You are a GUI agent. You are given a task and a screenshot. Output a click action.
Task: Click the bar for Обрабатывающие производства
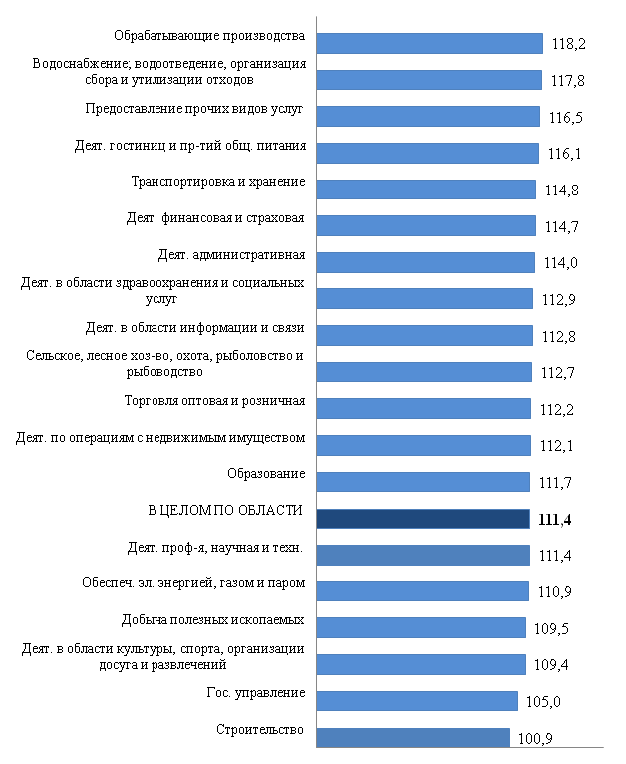coord(429,42)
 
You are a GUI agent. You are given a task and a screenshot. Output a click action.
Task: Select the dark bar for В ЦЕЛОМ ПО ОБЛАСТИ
coord(422,518)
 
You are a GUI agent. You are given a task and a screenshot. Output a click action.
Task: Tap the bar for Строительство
coord(413,737)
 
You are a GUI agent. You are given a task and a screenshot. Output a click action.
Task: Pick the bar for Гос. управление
coord(417,700)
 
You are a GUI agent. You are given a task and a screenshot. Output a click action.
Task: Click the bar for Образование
coord(423,482)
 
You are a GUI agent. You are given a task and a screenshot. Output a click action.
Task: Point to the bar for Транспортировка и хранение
coord(426,189)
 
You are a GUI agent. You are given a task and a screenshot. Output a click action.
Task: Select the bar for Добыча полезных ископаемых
coord(420,627)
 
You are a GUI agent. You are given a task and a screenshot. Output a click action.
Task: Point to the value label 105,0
coord(543,702)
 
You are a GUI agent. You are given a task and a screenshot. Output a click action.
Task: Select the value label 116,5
coord(565,118)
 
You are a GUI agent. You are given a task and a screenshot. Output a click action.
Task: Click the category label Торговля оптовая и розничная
coord(214,402)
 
